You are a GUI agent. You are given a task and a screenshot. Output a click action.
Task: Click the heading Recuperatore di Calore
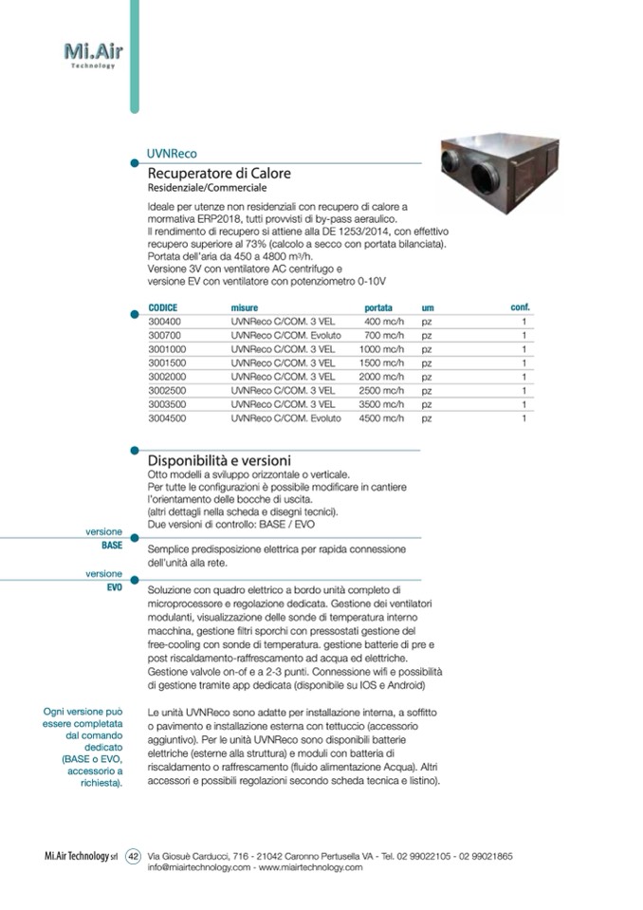point(219,174)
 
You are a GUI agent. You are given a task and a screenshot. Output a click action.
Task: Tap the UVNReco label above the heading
point(172,153)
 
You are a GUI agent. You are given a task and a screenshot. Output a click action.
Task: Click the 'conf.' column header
point(520,307)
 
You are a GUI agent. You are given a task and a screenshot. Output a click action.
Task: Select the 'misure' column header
point(245,308)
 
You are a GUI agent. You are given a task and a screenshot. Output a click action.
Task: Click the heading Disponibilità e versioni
point(219,460)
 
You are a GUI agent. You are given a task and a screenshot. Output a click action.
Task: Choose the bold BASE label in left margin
point(112,546)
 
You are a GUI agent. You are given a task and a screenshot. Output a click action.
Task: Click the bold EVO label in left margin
point(114,587)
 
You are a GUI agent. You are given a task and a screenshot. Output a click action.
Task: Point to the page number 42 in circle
point(134,855)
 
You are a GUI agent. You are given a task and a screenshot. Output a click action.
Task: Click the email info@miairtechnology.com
point(199,867)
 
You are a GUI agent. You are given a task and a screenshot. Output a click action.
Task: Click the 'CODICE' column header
point(163,308)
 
